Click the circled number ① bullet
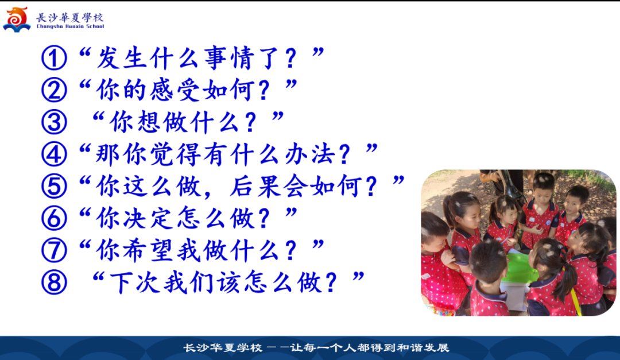(x=54, y=58)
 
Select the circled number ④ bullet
(x=54, y=154)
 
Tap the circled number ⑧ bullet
(x=54, y=282)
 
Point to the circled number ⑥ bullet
(x=54, y=218)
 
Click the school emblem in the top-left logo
(x=17, y=20)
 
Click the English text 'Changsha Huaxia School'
(x=71, y=26)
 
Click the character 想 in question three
(x=148, y=122)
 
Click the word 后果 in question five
(x=257, y=186)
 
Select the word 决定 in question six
(x=149, y=218)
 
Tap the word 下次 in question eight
(x=135, y=282)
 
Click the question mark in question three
(x=251, y=123)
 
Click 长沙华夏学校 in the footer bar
(x=223, y=348)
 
